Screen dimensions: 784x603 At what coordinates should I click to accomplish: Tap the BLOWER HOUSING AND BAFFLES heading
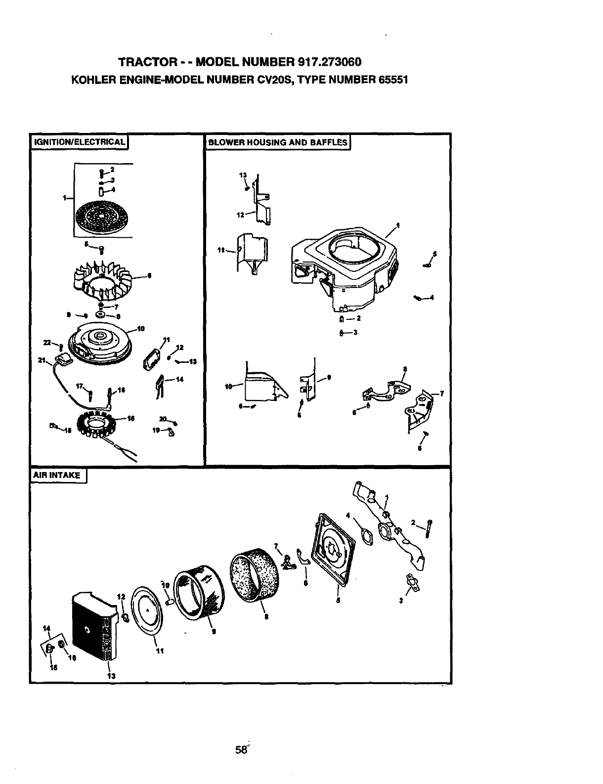[x=277, y=142]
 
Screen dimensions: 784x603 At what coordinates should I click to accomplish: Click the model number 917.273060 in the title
[x=330, y=62]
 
